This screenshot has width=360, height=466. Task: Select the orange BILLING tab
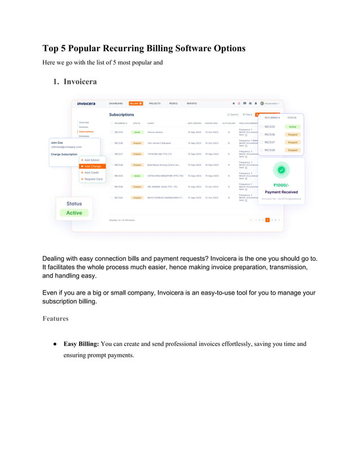135,103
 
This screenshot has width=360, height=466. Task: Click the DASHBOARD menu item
116,103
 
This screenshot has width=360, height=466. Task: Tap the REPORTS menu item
192,103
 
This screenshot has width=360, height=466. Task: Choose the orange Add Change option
92,166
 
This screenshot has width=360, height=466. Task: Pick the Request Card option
93,179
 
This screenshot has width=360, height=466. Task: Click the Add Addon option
91,160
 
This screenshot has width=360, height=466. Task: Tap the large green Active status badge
74,213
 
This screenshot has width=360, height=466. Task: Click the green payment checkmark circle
281,169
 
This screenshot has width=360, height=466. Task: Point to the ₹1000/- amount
281,184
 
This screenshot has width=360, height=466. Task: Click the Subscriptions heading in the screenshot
121,115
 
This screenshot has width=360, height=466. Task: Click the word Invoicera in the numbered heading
80,81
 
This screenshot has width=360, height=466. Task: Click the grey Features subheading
55,319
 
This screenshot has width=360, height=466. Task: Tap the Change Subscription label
64,154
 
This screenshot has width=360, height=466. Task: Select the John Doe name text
57,143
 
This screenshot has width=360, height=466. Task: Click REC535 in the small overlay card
270,126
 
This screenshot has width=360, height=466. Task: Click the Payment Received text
281,192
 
